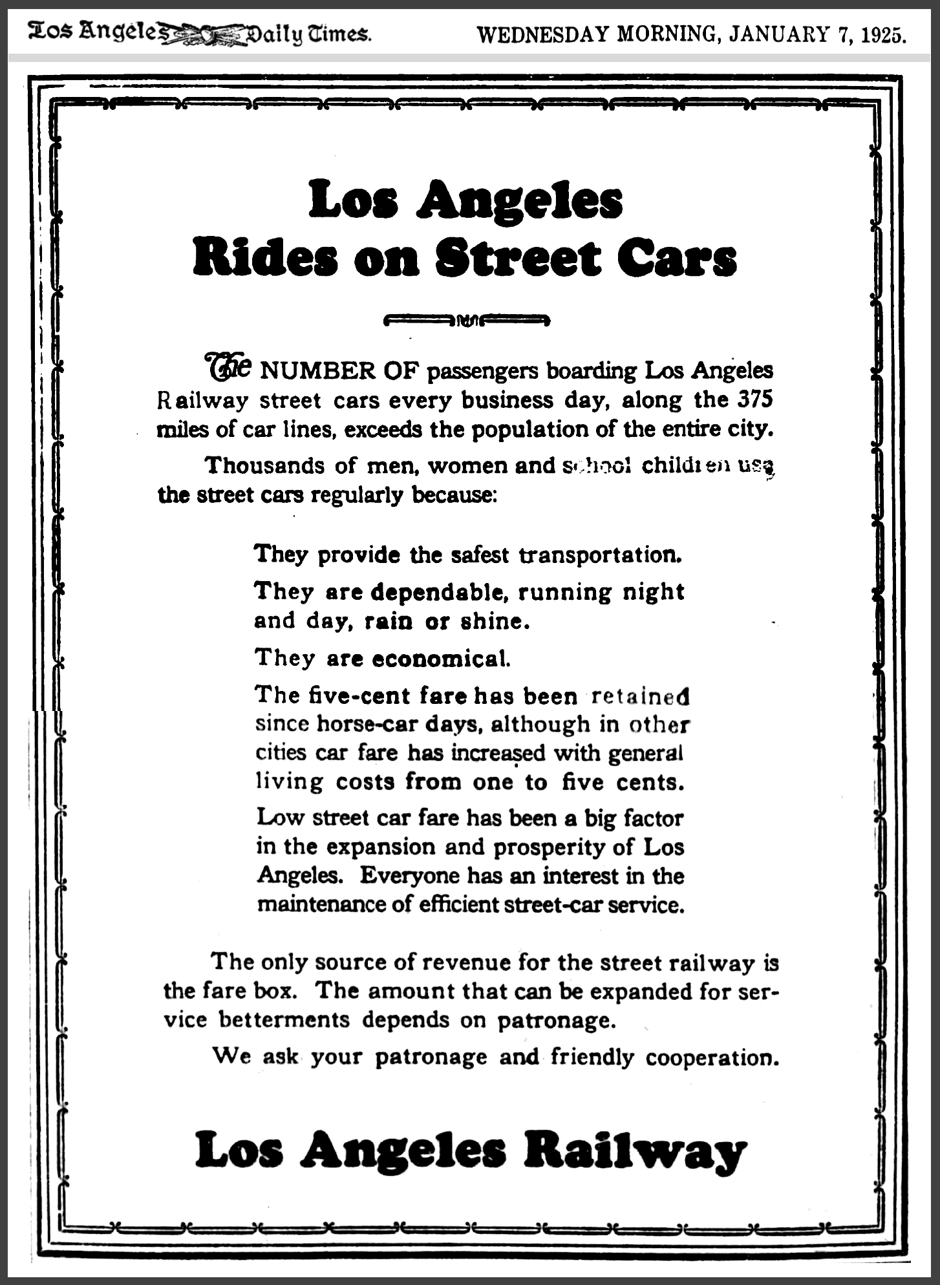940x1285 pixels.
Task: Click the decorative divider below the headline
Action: click(x=466, y=319)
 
